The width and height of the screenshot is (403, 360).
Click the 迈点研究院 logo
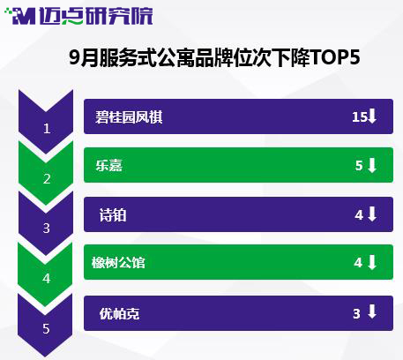pos(78,16)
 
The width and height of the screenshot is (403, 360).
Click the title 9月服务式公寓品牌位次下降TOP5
pos(214,57)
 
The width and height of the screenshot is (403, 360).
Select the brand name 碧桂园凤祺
pos(129,117)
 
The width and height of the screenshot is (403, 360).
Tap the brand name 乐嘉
pos(108,165)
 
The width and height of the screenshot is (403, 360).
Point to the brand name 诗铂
pos(113,215)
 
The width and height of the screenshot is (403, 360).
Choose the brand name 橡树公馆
pos(118,262)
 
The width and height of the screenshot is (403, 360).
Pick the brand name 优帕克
pos(119,313)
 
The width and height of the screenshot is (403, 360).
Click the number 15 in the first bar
pos(360,117)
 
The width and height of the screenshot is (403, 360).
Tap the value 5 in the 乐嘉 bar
pos(359,166)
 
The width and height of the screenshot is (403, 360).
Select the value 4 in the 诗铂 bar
pos(359,215)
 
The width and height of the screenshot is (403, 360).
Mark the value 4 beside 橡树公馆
pos(358,263)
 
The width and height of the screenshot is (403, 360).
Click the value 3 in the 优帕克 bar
pos(356,314)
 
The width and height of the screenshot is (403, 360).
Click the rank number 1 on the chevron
pos(47,129)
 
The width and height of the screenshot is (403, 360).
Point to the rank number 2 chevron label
pos(47,178)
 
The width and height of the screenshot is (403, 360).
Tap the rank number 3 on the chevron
pos(47,229)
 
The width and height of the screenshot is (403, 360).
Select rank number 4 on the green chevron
pos(47,278)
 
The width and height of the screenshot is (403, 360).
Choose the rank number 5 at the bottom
pos(46,328)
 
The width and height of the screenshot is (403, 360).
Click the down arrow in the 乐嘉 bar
pos(372,165)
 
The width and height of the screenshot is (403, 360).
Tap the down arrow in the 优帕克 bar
pos(372,311)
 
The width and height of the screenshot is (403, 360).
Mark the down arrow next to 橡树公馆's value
pos(372,262)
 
